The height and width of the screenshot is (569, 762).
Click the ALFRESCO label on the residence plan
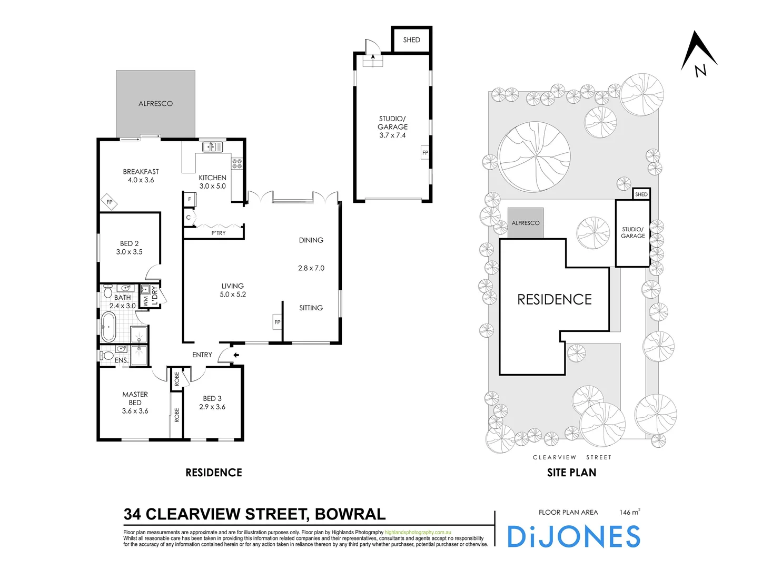(x=155, y=104)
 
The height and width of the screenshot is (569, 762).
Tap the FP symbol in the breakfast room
(x=110, y=202)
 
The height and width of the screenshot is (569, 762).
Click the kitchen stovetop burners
(x=237, y=164)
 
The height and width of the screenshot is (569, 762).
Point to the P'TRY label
(x=219, y=233)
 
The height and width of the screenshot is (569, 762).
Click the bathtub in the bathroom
(x=108, y=327)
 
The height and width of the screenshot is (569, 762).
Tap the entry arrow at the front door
(x=236, y=355)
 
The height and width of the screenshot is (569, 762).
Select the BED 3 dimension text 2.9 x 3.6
(x=212, y=407)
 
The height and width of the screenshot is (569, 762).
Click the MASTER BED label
(x=135, y=398)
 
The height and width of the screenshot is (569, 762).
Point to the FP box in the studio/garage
(x=425, y=153)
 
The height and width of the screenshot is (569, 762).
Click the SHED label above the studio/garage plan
(x=412, y=40)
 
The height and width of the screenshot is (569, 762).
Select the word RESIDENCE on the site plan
(x=555, y=300)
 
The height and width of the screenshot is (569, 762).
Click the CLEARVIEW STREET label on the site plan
(x=572, y=457)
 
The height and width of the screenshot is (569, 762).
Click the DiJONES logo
(x=573, y=537)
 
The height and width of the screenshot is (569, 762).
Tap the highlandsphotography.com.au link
(x=418, y=533)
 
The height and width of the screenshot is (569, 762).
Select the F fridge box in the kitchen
(x=190, y=200)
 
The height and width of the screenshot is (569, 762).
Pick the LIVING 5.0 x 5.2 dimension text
(x=233, y=295)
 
